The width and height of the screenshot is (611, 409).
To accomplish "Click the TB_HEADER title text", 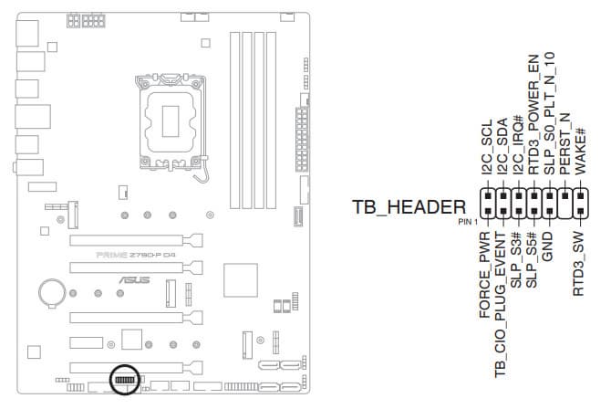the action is coord(409,207).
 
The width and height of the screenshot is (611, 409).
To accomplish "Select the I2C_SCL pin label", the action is coord(487,147).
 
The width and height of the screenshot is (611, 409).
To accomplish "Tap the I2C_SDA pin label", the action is coord(502,145).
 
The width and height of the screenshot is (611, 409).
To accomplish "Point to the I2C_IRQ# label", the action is coord(518,145).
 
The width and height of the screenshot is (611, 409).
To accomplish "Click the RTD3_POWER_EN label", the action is coord(533,114).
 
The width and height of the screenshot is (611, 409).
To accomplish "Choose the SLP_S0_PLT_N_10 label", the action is coord(549,113).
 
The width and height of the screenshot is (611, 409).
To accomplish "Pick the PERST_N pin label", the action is coord(565,143).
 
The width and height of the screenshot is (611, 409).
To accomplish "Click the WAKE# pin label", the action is coord(581,151).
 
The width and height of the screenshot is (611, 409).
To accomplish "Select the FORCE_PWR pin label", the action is coord(484,275).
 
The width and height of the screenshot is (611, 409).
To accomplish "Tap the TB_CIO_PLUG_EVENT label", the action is coord(501,305).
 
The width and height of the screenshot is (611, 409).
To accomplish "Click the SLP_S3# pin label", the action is coord(516,260).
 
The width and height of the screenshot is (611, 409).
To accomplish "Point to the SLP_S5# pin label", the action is coord(532,260).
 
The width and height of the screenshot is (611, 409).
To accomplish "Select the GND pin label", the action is coord(547,246).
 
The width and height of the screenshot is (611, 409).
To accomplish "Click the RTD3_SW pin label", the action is coord(579,264).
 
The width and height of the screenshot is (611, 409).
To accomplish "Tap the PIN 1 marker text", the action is coord(468,222).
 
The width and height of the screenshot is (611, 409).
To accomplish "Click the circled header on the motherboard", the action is coord(125,380).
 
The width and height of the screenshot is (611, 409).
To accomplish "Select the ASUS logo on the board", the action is coord(134,280).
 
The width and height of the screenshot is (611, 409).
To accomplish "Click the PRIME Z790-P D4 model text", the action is coord(136,256).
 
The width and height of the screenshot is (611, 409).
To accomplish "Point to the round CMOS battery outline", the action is coord(52,291).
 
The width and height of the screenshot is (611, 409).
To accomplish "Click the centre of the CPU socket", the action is coord(171,121).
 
